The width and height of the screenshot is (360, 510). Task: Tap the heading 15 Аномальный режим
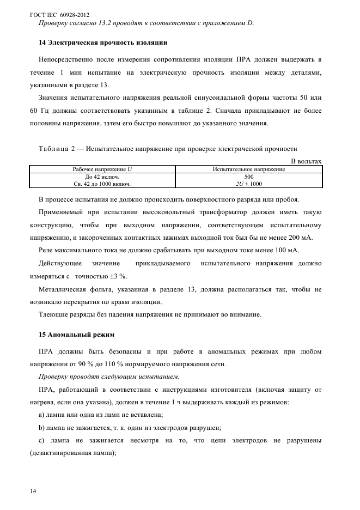[76, 333]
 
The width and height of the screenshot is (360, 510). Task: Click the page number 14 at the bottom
[33, 491]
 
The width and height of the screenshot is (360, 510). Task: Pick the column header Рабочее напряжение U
[102, 169]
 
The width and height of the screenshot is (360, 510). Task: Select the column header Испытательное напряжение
[249, 169]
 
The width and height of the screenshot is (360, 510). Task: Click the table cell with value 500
[249, 177]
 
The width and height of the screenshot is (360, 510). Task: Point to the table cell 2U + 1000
[249, 184]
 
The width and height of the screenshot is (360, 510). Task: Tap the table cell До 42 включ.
[102, 177]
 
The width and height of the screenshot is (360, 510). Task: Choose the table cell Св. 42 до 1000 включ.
[102, 184]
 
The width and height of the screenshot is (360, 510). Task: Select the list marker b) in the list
[42, 428]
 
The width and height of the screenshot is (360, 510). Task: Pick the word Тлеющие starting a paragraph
[54, 314]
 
